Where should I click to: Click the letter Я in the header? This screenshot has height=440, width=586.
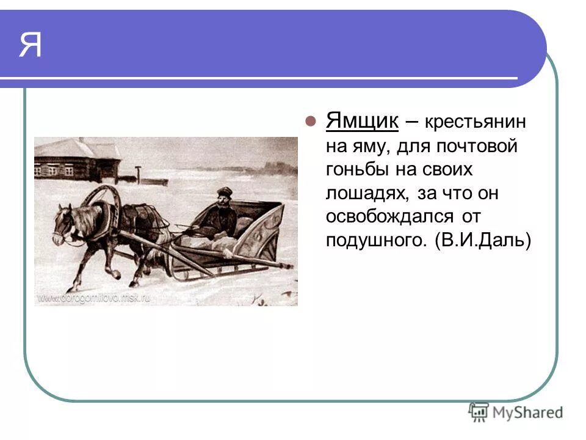31,44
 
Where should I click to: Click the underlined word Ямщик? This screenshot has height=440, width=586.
362,120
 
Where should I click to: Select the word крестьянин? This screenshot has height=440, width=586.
476,122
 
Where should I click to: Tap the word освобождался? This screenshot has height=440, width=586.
397,216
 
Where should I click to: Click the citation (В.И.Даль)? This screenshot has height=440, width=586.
483,240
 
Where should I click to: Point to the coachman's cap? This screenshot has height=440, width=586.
225,191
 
